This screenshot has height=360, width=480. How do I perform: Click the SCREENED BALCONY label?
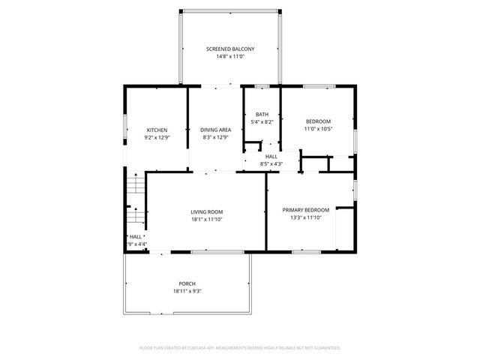pyautogui.click(x=230, y=49)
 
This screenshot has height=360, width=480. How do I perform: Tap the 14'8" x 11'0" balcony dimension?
pyautogui.click(x=230, y=57)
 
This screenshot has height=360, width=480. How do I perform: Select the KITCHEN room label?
pyautogui.click(x=157, y=130)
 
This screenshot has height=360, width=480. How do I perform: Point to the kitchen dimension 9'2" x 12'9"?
pyautogui.click(x=157, y=138)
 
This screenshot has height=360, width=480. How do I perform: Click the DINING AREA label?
pyautogui.click(x=215, y=130)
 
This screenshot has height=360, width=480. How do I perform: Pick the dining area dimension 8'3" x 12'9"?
pyautogui.click(x=215, y=138)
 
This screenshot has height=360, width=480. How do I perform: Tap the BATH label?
pyautogui.click(x=262, y=114)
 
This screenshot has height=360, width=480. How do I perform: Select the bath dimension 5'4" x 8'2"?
pyautogui.click(x=262, y=121)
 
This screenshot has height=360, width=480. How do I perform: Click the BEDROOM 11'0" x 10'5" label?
pyautogui.click(x=318, y=121)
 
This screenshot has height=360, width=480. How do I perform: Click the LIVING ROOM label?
pyautogui.click(x=206, y=211)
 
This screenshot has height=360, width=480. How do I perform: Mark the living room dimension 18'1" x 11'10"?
pyautogui.click(x=206, y=219)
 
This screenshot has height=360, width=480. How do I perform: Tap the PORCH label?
pyautogui.click(x=187, y=283)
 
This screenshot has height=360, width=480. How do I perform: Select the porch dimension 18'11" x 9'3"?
pyautogui.click(x=187, y=291)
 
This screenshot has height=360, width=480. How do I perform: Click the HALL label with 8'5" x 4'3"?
pyautogui.click(x=271, y=156)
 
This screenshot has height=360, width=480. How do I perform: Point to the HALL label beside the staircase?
pyautogui.click(x=136, y=236)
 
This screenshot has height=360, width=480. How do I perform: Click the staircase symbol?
pyautogui.click(x=134, y=201)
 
